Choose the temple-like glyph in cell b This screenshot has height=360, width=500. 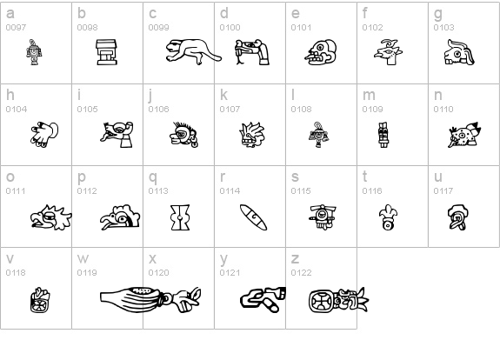(x=107, y=53)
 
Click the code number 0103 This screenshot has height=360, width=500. (x=443, y=28)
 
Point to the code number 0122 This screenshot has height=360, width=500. (x=301, y=272)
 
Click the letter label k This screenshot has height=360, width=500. (x=223, y=95)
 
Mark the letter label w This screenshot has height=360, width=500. (x=83, y=258)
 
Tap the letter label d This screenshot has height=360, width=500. (x=223, y=14)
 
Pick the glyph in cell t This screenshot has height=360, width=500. (x=384, y=217)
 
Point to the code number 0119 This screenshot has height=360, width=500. (x=87, y=272)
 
